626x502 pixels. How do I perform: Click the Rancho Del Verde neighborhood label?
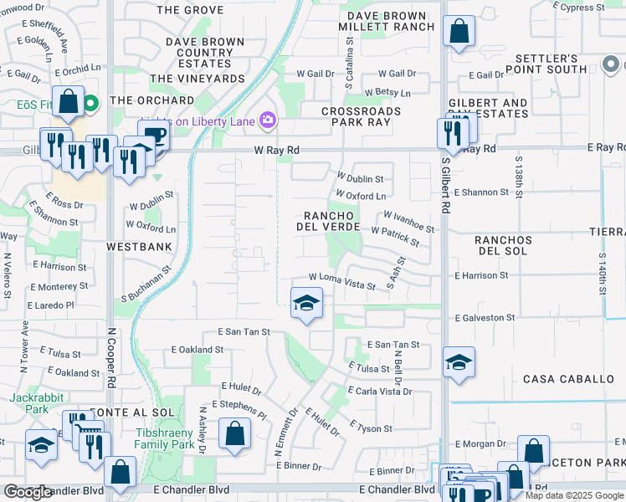point(330,220)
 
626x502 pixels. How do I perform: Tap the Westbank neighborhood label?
point(139,247)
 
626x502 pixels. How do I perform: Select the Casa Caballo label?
point(568,379)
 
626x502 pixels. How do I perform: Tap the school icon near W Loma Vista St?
point(307,303)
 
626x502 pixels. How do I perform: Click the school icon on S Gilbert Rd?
point(459,362)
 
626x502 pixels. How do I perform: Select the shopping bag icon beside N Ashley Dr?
point(235,433)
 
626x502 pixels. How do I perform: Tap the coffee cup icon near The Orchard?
point(153,135)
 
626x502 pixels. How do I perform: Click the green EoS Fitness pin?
point(91,104)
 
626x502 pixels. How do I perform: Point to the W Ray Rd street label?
point(276,151)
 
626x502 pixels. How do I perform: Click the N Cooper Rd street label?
point(110,351)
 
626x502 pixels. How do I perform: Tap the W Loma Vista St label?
point(341,280)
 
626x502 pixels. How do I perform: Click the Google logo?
point(28,492)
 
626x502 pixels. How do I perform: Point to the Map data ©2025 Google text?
point(574,495)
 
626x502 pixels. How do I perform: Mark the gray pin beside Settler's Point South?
point(609,64)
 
